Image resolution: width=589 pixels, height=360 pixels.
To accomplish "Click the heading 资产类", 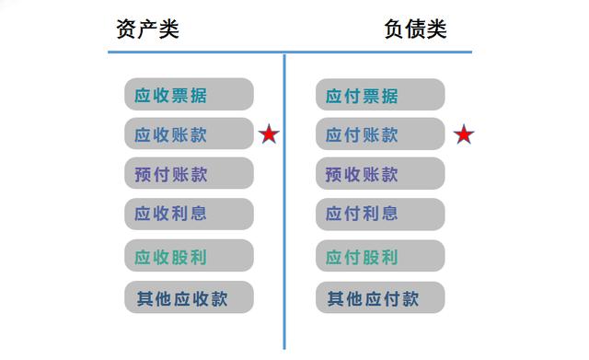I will (147, 29).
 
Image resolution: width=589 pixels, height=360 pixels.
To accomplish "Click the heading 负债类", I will (415, 29).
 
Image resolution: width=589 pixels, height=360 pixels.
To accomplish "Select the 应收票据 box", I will (189, 95).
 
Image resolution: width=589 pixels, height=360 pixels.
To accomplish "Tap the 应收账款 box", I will (189, 134).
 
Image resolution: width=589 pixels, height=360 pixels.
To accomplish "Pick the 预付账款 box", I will (189, 174).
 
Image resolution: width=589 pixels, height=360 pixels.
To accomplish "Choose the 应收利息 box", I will (189, 214).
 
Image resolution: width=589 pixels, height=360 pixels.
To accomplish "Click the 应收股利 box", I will (189, 256).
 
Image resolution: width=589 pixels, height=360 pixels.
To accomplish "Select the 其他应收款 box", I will (189, 297).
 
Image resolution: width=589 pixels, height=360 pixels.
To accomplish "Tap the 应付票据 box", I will (380, 95).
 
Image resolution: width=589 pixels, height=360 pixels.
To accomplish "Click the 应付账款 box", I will (380, 134).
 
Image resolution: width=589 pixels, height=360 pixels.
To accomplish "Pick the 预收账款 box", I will (380, 174).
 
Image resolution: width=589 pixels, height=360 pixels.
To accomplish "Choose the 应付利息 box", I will (380, 214).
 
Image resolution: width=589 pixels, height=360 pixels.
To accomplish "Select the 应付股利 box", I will (380, 256).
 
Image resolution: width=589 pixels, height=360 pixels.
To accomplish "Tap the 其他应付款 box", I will (380, 297).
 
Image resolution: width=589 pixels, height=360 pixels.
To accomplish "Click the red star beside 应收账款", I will (269, 135).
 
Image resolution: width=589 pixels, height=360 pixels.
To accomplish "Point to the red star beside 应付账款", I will (464, 136).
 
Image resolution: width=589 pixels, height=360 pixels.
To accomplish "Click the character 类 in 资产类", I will (168, 29).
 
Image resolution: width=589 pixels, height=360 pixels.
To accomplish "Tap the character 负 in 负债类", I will (394, 29).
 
